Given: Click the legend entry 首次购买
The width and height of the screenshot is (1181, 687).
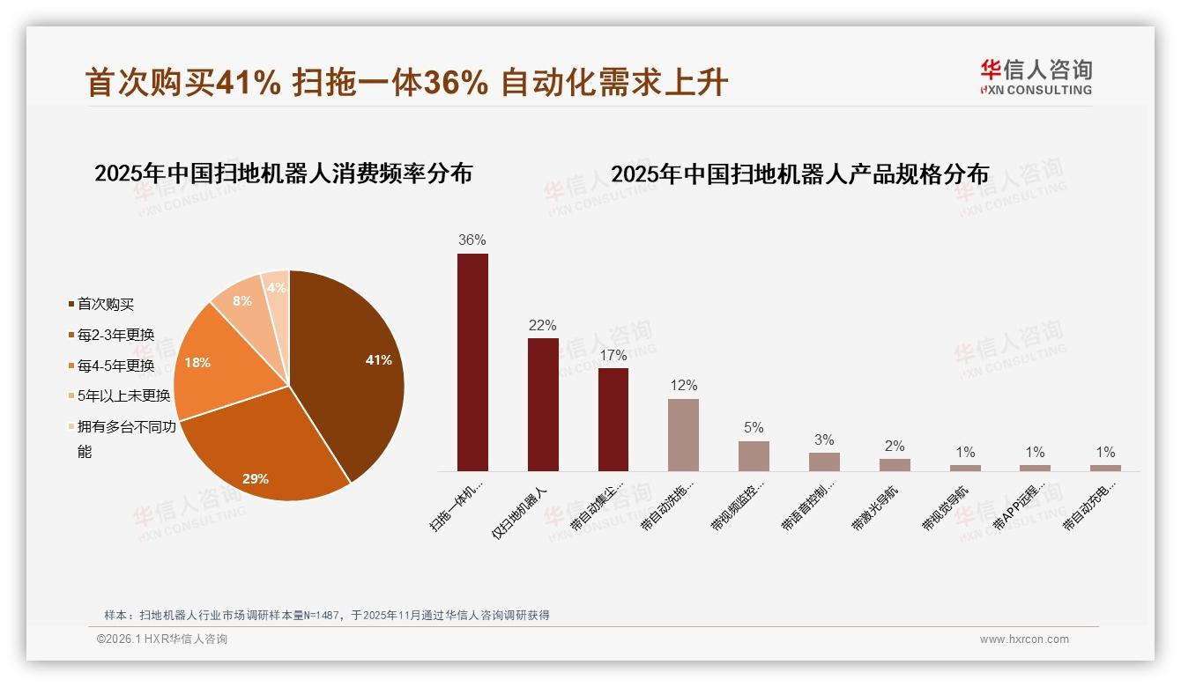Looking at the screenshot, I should point(106,305).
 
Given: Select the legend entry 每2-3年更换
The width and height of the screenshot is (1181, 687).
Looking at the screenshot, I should point(115,335).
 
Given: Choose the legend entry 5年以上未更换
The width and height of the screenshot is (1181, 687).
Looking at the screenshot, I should point(123,396).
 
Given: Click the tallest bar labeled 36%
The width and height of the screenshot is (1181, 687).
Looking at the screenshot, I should point(472,362).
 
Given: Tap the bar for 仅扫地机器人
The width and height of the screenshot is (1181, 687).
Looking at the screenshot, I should point(543,404).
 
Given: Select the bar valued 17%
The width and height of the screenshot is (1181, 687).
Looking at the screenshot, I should point(613,419).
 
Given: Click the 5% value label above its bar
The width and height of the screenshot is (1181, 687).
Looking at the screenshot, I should point(754,428).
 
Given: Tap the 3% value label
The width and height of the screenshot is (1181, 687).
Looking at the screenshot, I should point(824,440).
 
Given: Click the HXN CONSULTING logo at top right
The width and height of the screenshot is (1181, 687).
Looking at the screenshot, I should point(1036,77).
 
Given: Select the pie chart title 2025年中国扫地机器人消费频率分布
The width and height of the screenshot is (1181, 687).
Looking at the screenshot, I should point(283,174).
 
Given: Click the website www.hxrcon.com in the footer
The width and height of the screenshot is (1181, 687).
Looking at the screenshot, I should point(1024,639).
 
